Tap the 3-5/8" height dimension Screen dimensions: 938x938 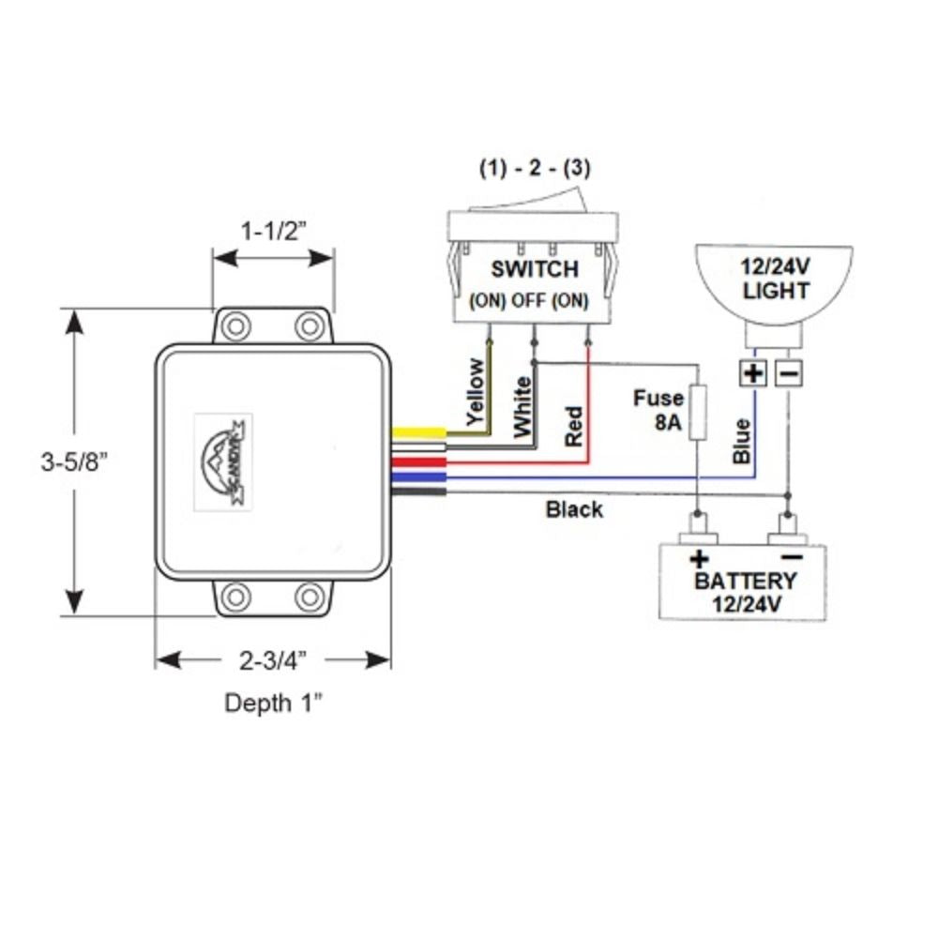click(82, 461)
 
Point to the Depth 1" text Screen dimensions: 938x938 click(272, 703)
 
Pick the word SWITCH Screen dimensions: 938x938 click(535, 269)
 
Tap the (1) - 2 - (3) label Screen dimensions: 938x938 click(535, 170)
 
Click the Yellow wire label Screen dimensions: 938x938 click(477, 393)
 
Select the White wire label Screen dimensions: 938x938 click(522, 404)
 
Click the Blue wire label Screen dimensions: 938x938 click(741, 441)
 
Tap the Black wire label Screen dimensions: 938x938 click(574, 510)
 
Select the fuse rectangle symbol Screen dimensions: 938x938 click(698, 412)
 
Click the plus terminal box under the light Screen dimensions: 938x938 click(753, 373)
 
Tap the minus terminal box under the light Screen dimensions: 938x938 click(788, 373)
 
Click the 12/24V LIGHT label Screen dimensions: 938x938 click(775, 279)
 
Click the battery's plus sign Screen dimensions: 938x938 click(699, 560)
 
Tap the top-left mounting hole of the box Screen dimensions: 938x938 click(236, 326)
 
